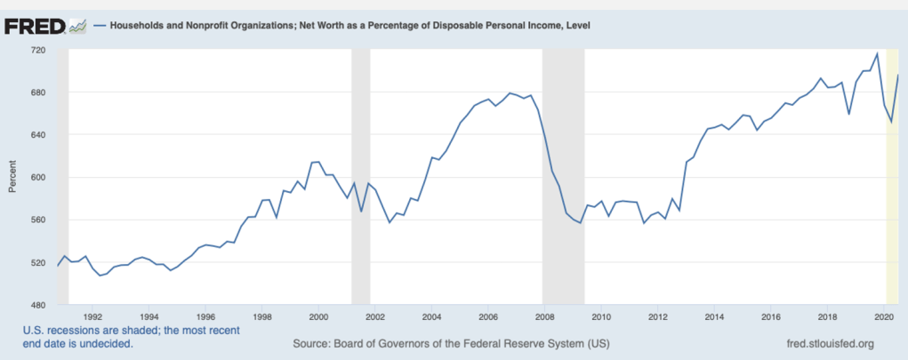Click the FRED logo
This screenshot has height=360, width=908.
[36, 25]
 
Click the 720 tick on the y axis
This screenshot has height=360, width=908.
[37, 50]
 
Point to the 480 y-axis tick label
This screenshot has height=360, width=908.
[37, 305]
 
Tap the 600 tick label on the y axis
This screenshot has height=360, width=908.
[37, 178]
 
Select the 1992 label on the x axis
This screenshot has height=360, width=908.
[92, 316]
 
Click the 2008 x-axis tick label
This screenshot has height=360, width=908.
[544, 316]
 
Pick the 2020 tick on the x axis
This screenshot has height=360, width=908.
[883, 316]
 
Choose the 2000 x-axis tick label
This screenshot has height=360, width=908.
[318, 316]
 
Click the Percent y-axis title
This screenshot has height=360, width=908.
[12, 177]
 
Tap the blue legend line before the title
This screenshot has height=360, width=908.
[100, 25]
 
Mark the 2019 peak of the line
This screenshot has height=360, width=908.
[877, 54]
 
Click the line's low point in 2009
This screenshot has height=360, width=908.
[580, 223]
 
